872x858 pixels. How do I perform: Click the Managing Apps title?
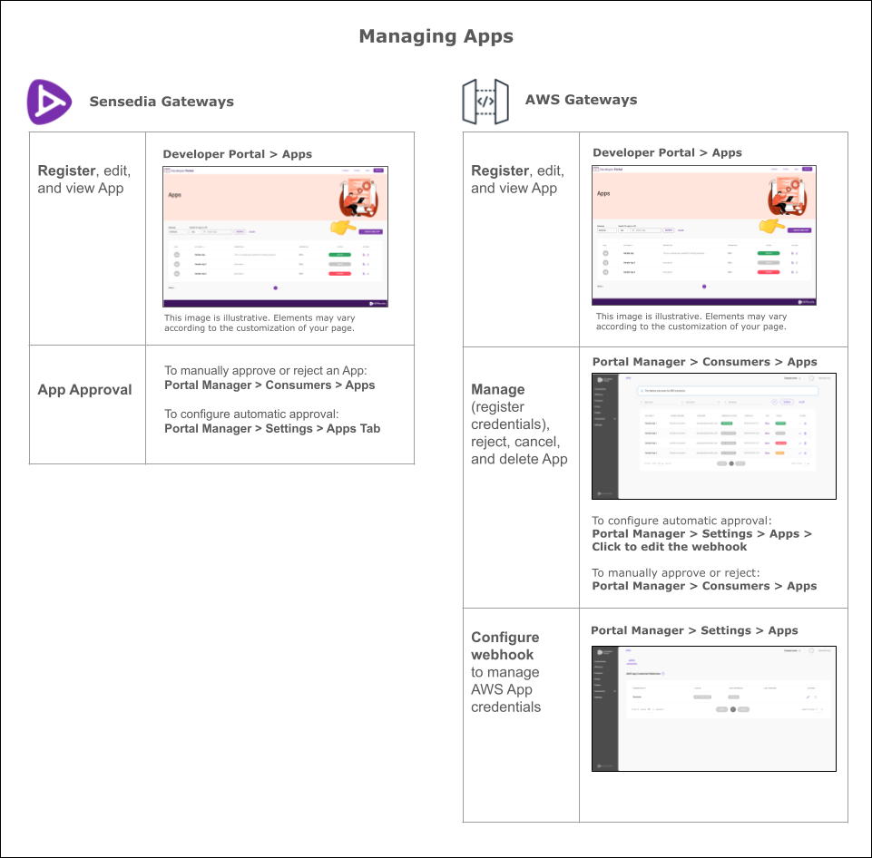click(436, 36)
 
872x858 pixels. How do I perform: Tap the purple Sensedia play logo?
click(48, 101)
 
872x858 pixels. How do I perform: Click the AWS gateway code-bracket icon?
click(485, 101)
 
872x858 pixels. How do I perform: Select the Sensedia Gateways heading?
click(161, 102)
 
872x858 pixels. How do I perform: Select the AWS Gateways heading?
click(581, 100)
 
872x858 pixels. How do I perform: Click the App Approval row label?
click(84, 390)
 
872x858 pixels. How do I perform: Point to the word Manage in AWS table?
click(497, 389)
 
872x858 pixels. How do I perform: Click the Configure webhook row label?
click(505, 646)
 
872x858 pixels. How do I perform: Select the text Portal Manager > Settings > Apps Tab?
click(272, 428)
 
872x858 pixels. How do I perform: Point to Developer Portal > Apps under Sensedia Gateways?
click(237, 154)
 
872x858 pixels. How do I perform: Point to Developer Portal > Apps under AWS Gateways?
click(667, 152)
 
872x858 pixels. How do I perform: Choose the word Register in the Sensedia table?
click(66, 171)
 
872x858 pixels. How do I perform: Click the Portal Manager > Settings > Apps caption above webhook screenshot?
click(694, 630)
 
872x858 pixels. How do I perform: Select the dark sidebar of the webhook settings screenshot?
click(604, 707)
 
